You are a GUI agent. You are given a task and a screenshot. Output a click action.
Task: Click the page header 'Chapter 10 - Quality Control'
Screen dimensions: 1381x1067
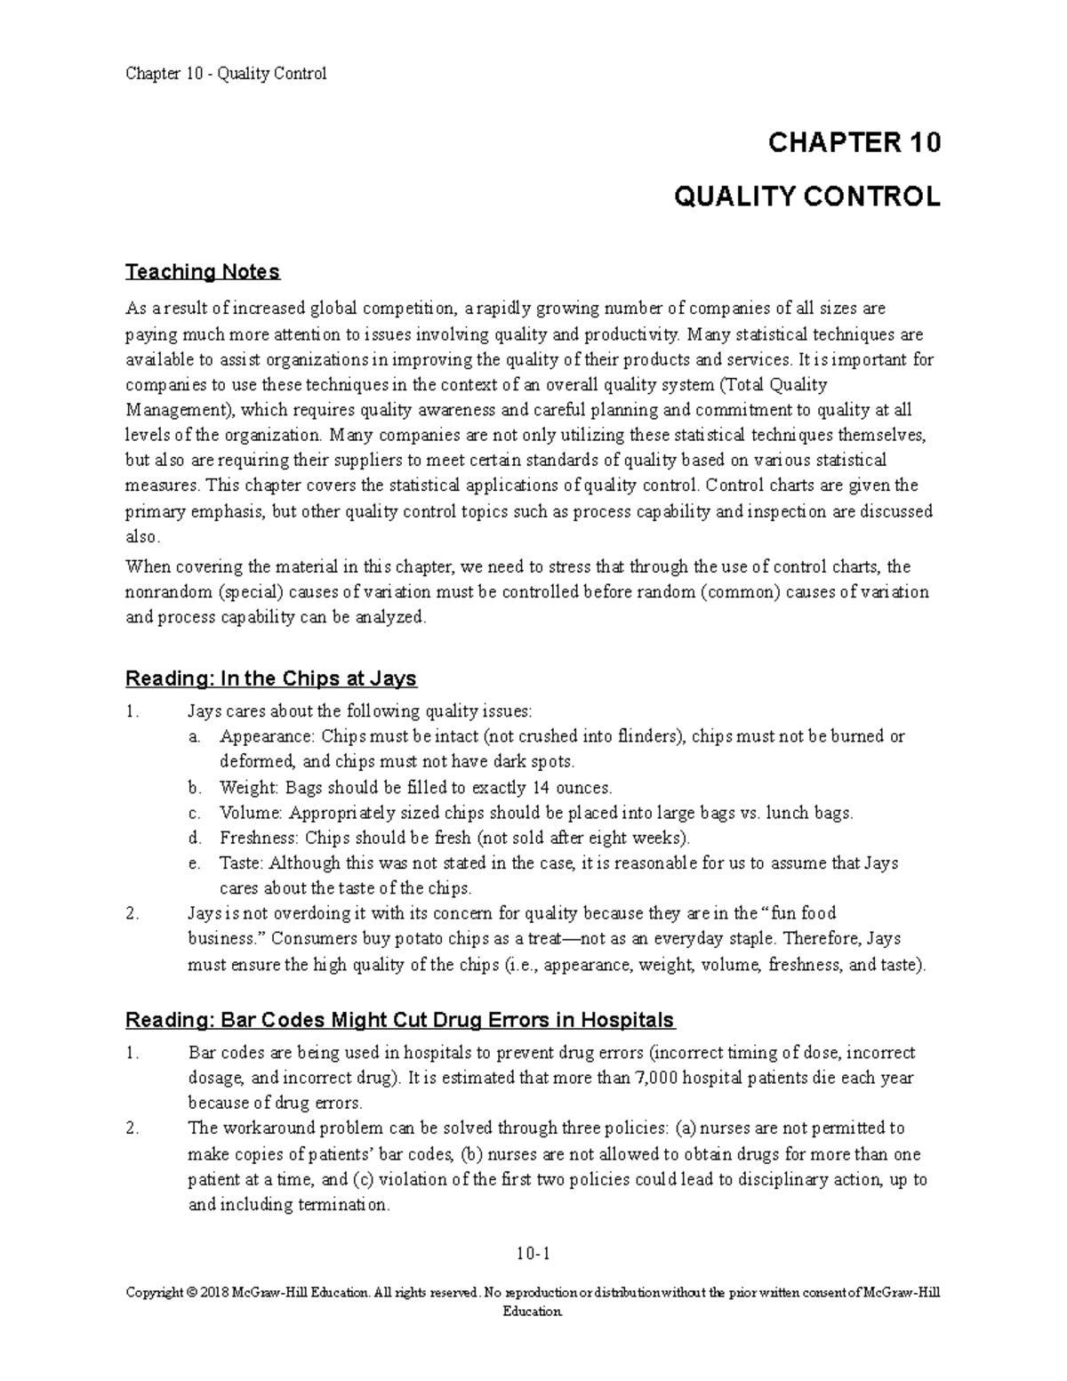click(226, 74)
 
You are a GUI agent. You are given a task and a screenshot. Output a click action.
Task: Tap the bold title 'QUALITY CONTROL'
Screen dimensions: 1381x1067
click(806, 197)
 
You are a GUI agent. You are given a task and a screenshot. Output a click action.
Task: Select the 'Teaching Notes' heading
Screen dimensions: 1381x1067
click(203, 271)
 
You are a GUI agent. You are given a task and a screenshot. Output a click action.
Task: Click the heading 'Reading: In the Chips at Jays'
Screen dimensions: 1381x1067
click(271, 678)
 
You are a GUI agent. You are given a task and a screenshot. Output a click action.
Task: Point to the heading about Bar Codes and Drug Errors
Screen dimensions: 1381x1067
click(400, 1019)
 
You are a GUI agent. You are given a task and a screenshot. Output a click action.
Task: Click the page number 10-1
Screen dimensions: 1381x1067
click(533, 1255)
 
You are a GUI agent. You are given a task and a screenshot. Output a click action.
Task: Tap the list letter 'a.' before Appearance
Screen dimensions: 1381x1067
click(195, 736)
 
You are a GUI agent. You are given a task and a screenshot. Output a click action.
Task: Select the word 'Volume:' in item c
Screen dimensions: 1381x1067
click(252, 813)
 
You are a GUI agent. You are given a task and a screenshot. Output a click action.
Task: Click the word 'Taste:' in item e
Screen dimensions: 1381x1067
click(242, 863)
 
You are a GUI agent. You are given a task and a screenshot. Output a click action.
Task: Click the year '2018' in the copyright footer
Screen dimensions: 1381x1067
click(217, 1293)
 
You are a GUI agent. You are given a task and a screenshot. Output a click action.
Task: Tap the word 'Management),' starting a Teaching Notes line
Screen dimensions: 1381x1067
click(181, 410)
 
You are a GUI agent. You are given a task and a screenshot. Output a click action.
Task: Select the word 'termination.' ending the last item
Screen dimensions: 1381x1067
click(342, 1205)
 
